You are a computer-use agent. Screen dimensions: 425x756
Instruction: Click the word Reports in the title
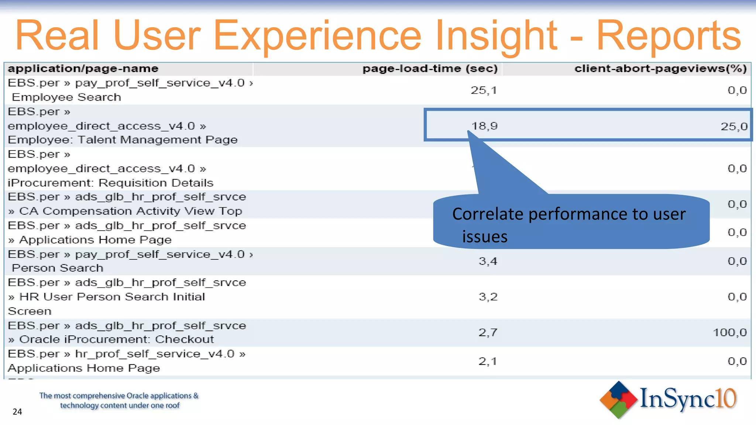tap(668, 36)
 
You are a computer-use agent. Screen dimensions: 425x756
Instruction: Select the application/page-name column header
tap(83, 69)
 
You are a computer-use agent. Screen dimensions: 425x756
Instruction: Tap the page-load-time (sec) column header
tap(430, 69)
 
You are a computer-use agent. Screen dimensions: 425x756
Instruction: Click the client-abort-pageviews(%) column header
tap(660, 69)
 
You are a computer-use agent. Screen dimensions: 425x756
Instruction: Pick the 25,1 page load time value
tap(484, 90)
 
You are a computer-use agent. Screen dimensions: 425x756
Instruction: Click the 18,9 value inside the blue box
tap(484, 126)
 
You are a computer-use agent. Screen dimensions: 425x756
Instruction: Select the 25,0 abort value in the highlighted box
tap(734, 127)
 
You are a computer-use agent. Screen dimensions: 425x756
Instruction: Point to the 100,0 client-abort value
tap(729, 332)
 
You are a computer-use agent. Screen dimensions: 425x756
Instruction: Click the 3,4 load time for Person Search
tap(488, 261)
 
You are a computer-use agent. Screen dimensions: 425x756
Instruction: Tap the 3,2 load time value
tap(488, 297)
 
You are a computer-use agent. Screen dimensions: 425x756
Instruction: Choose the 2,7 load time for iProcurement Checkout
tap(488, 332)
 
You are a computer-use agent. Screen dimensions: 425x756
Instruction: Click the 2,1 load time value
tap(487, 361)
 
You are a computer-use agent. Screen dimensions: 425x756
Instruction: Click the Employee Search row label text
tap(66, 97)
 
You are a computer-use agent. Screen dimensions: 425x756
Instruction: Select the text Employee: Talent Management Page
tap(123, 140)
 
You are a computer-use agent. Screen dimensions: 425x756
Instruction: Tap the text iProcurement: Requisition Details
tap(110, 183)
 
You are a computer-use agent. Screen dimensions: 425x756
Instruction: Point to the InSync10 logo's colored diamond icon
tap(619, 400)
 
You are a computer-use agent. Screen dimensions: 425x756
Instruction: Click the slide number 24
tap(17, 412)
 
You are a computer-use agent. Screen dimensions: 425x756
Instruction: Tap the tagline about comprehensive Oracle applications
tap(119, 401)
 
